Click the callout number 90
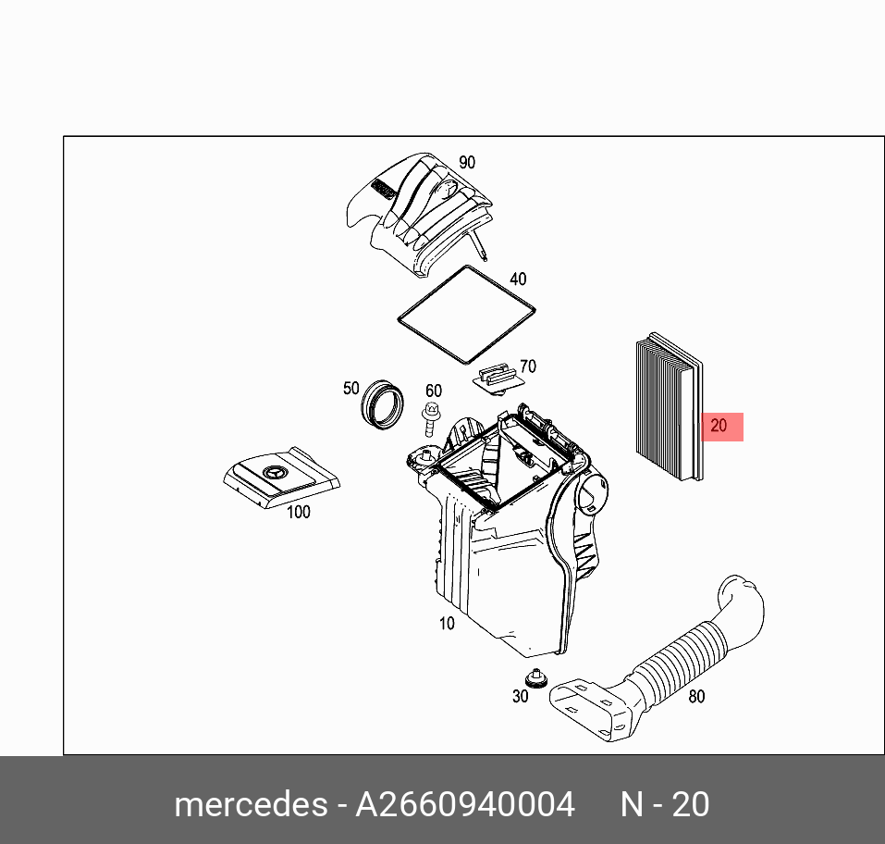tap(466, 162)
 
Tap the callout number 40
tap(518, 279)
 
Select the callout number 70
tap(527, 366)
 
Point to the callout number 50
tap(350, 388)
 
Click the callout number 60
tap(433, 391)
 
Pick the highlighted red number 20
tap(719, 427)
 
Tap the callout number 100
tap(298, 512)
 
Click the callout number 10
tap(447, 624)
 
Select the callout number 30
tap(520, 696)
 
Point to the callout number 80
tap(696, 696)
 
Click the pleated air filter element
tap(668, 407)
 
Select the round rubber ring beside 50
tap(382, 405)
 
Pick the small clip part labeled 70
tap(498, 378)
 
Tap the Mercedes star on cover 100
tap(275, 475)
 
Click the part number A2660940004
tap(466, 803)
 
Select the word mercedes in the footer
tap(250, 803)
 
